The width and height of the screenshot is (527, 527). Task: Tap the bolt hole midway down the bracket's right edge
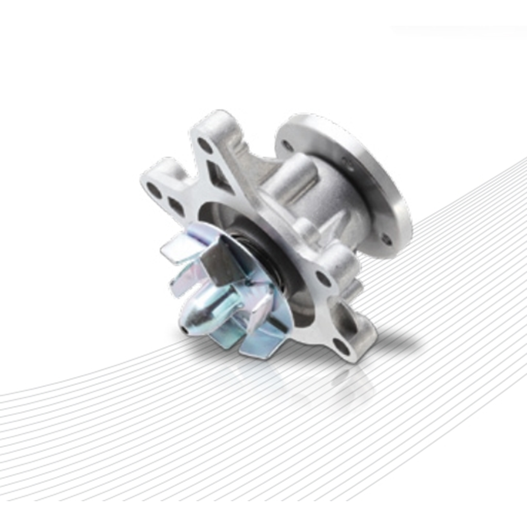(323, 279)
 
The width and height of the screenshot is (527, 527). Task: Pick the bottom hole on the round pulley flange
(387, 240)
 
